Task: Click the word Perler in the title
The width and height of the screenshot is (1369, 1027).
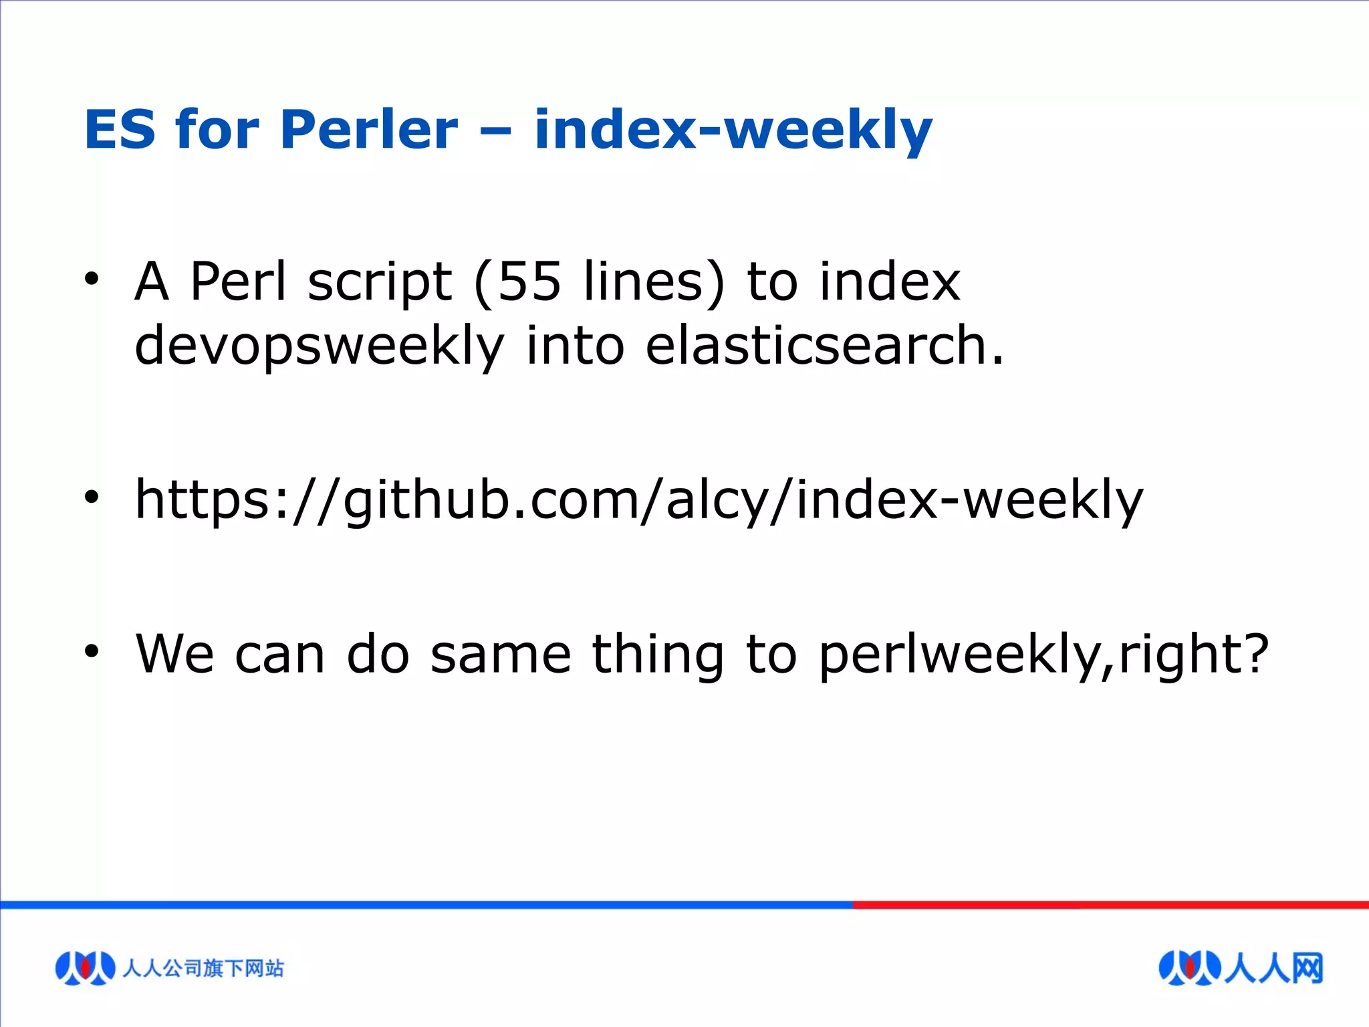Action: pyautogui.click(x=369, y=129)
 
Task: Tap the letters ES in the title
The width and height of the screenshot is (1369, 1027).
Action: pyautogui.click(x=120, y=129)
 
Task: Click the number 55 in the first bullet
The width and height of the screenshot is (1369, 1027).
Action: pyautogui.click(x=529, y=281)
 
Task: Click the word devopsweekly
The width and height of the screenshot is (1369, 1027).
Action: pyautogui.click(x=319, y=346)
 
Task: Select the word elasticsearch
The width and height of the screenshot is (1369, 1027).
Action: pyautogui.click(x=824, y=346)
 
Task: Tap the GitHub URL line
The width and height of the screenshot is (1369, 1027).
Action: pyautogui.click(x=638, y=500)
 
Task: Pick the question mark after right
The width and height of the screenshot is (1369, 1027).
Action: pyautogui.click(x=1255, y=652)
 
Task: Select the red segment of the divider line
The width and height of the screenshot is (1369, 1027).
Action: pyautogui.click(x=1110, y=905)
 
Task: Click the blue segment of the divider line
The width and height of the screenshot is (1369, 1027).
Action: pyautogui.click(x=428, y=905)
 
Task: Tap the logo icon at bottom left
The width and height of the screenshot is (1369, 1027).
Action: pyautogui.click(x=85, y=967)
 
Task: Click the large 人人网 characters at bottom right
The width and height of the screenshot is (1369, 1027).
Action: pyautogui.click(x=1273, y=967)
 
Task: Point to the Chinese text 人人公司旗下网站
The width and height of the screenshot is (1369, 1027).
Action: pyautogui.click(x=203, y=967)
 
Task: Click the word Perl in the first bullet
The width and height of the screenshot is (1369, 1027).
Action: pyautogui.click(x=238, y=281)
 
